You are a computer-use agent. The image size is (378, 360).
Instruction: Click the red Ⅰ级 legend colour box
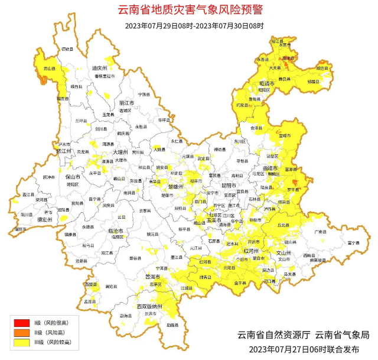point(22,322)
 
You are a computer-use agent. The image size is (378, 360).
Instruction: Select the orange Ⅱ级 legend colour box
point(22,332)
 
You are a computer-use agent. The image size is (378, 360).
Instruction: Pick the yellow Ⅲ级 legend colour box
point(22,342)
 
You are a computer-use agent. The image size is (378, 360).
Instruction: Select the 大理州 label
point(121,153)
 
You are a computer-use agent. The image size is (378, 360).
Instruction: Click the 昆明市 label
point(228,186)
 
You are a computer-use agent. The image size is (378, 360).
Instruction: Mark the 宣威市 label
point(285,136)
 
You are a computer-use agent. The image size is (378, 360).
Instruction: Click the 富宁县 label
point(353,242)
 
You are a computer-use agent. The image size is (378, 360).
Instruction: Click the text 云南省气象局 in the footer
point(341,335)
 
